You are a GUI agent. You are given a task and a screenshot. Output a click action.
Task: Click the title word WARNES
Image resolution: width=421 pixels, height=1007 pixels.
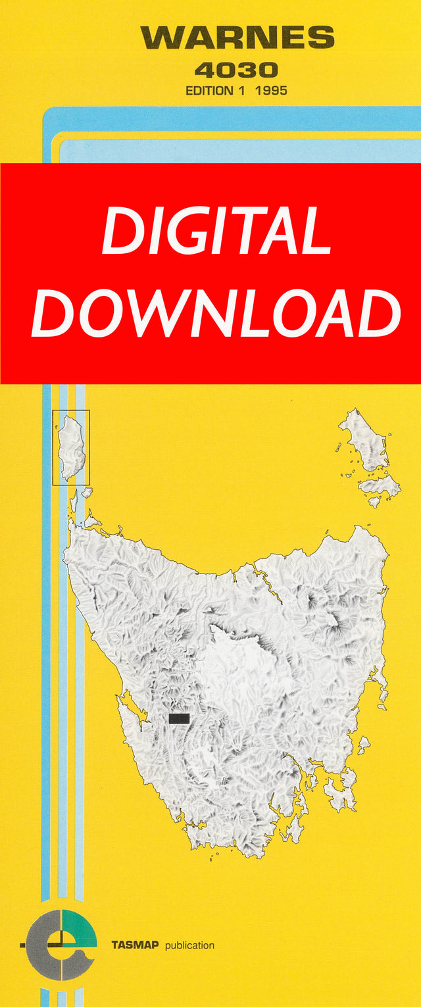coord(237,37)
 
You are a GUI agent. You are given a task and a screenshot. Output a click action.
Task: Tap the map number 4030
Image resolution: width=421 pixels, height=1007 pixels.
coord(236,70)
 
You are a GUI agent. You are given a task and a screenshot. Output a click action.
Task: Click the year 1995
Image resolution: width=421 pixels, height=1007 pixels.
coord(272,91)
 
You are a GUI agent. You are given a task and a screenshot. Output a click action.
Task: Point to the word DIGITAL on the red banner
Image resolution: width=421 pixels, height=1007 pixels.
coord(216,231)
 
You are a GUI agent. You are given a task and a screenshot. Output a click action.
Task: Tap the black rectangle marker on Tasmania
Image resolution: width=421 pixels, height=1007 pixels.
coord(179,718)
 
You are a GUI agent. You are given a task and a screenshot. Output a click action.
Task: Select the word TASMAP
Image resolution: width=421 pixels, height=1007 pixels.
coord(135,945)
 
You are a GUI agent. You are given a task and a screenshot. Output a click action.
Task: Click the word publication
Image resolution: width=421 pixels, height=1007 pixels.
coord(189,945)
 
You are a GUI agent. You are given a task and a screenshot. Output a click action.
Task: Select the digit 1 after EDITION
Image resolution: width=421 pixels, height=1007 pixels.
coord(241,91)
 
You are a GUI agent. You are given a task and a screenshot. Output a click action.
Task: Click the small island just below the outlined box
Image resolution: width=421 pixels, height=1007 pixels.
coord(86,492)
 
